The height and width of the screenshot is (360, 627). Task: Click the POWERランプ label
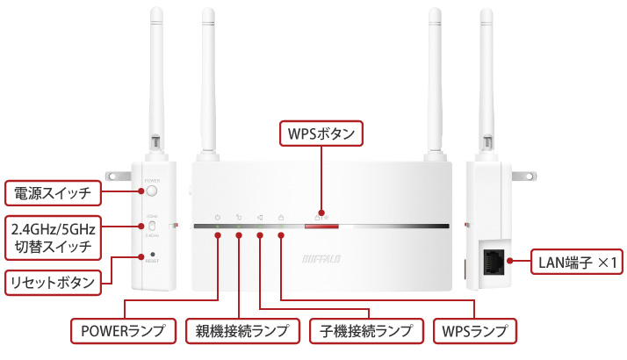124,331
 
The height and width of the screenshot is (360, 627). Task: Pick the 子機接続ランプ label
364,331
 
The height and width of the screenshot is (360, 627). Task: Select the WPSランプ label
475,331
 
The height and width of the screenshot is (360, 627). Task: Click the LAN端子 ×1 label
578,262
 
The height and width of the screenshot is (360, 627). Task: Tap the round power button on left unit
152,191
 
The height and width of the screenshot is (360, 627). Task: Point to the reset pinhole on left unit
153,255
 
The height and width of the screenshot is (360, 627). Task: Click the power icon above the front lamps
217,217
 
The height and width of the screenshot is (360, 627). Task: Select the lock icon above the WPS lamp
281,217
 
